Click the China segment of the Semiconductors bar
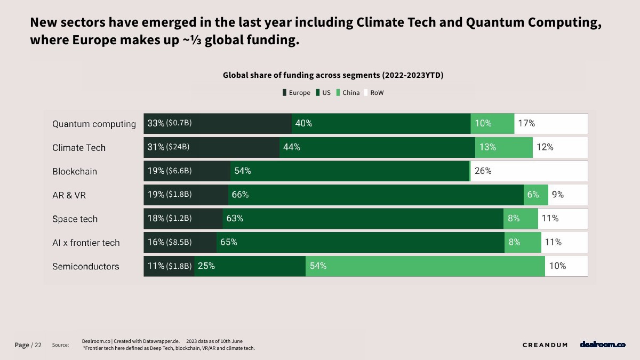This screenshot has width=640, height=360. coord(425,266)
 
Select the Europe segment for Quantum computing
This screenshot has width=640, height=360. coord(218,124)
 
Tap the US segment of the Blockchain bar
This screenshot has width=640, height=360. coord(349,171)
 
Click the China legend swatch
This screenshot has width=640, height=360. coord(339,93)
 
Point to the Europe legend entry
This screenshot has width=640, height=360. coord(296,93)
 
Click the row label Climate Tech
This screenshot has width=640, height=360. coord(79,148)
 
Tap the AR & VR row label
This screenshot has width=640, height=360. coord(69,195)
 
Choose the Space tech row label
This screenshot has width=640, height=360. coord(75,219)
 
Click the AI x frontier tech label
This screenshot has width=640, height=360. coord(86,243)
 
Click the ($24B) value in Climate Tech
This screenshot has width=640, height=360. coord(178,147)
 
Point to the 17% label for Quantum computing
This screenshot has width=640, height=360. coord(526,123)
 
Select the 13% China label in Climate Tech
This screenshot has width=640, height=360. coord(487,147)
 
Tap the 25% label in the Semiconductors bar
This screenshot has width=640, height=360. coord(206,266)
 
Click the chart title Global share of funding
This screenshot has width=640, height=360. coord(333,75)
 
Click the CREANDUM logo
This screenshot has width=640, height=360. coord(545,345)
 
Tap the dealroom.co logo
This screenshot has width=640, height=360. coord(603,345)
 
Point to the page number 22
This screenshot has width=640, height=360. coord(38,345)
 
